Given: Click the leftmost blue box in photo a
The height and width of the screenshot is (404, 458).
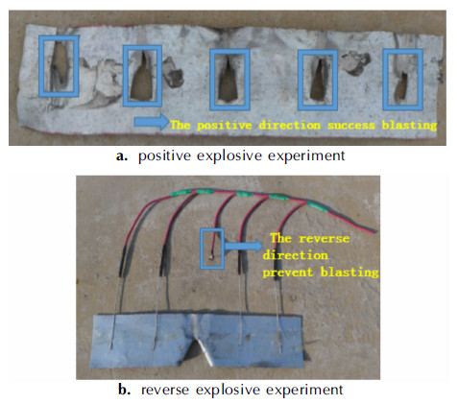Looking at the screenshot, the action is click(x=39, y=66).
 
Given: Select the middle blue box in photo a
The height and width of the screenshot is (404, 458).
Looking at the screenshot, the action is click(x=211, y=80).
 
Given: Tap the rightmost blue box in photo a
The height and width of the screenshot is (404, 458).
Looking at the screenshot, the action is click(x=384, y=80).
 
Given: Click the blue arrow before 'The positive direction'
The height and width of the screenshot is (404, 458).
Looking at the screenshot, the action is click(x=152, y=122).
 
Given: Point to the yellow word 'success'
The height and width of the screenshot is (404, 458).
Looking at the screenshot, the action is click(x=351, y=125).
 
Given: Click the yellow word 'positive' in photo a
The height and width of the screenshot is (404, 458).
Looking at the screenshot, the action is click(x=225, y=126).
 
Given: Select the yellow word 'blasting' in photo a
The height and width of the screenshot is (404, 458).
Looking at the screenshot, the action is click(x=410, y=126).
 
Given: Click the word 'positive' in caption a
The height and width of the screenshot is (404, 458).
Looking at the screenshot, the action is click(x=164, y=155).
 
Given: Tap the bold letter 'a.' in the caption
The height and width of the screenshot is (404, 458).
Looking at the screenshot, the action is click(x=122, y=156).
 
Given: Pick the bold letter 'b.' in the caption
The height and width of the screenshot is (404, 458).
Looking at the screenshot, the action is click(x=124, y=390).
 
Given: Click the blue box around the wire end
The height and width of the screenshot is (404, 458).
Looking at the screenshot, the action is click(x=202, y=249).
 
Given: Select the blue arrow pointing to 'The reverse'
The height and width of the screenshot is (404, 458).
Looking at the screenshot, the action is click(x=244, y=246).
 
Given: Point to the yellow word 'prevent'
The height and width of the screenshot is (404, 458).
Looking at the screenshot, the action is click(x=288, y=273).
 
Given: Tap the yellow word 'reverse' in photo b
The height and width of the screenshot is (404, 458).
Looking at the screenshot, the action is click(x=324, y=239).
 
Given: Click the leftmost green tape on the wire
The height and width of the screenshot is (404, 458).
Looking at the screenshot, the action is click(x=181, y=192).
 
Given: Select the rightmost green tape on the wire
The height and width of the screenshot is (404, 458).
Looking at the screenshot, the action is click(x=317, y=206).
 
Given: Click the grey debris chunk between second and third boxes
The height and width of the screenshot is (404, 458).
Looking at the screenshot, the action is click(x=173, y=72).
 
